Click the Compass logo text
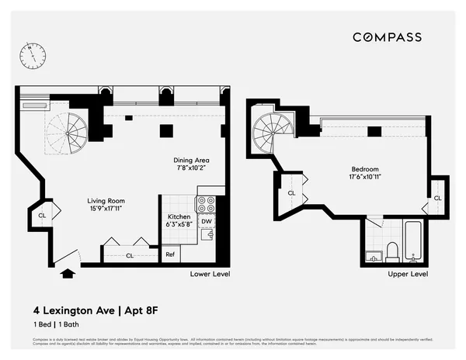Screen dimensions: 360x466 click(388, 36)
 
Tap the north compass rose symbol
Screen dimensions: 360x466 click(33, 54)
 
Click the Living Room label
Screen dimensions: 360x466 click(105, 204)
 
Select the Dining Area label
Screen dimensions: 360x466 click(192, 164)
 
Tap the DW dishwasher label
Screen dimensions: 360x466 click(207, 222)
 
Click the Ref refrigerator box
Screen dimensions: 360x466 click(169, 254)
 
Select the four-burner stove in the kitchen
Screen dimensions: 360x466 click(206, 205)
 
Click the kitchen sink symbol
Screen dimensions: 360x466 click(207, 236)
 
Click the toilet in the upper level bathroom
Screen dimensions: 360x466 click(392, 251)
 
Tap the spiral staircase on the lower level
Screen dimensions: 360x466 click(68, 130)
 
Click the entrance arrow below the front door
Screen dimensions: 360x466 click(68, 273)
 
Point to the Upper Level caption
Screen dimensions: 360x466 click(408, 274)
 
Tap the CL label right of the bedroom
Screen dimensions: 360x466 click(437, 198)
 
